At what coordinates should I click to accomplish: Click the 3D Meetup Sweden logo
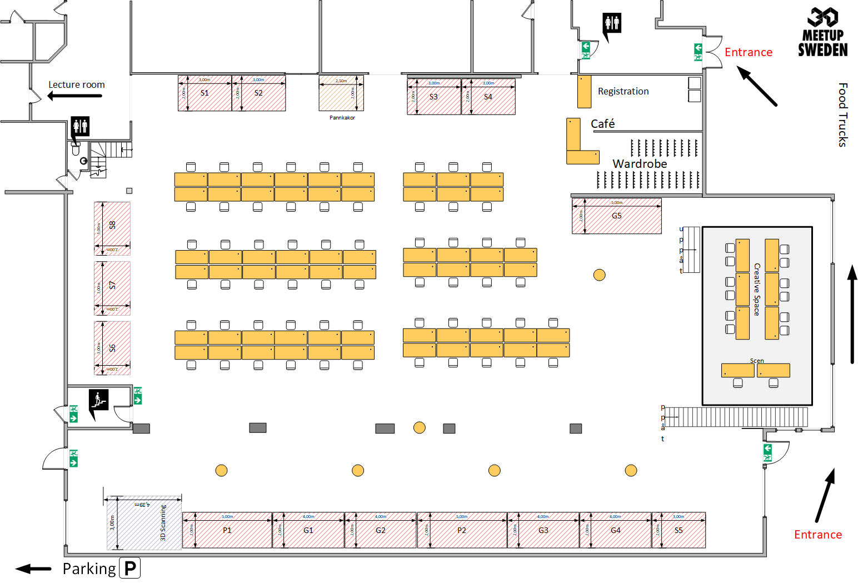822,32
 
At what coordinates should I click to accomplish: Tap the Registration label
623,92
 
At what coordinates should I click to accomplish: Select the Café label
602,124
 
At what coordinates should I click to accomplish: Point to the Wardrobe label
640,164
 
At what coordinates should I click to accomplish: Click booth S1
204,93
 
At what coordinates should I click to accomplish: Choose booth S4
488,97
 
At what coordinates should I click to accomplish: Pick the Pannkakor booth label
342,118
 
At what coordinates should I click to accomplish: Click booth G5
617,216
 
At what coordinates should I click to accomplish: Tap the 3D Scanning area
144,522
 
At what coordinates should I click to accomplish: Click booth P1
227,530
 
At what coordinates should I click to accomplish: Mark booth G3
543,530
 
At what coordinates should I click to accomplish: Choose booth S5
679,530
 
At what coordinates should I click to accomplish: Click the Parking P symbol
130,568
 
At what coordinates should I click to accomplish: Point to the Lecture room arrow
74,96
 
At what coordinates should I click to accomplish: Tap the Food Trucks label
842,115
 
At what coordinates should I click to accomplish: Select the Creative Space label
757,290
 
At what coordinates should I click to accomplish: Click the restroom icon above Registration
612,24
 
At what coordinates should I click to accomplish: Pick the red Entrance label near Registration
748,52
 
